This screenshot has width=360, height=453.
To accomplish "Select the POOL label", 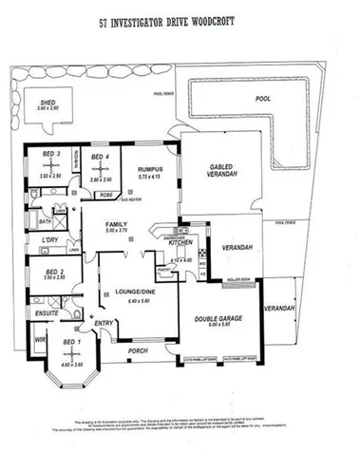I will pos(263,99).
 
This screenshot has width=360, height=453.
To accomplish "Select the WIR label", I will pos(39,338).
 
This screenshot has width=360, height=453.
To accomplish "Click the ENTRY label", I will pos(104,324).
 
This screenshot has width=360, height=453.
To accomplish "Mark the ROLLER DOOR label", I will pos(238,279).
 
